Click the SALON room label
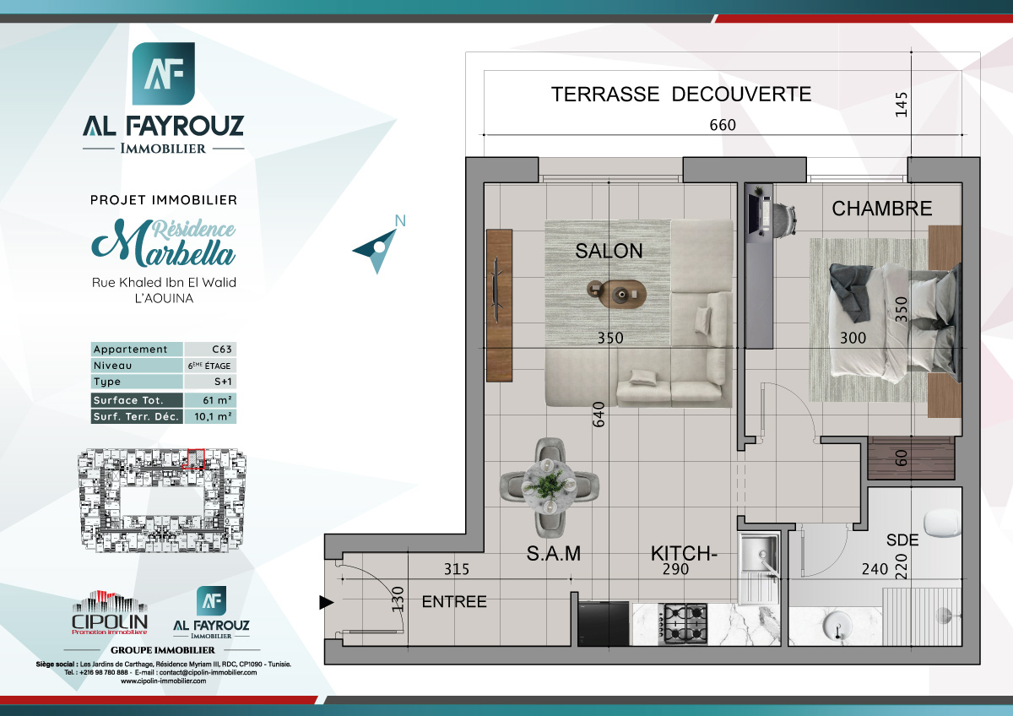609,251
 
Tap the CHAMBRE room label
881,209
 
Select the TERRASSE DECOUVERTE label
681,94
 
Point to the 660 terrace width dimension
723,125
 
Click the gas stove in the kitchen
684,622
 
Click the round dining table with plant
550,486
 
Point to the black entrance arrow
326,602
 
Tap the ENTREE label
454,602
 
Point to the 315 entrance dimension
456,570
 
